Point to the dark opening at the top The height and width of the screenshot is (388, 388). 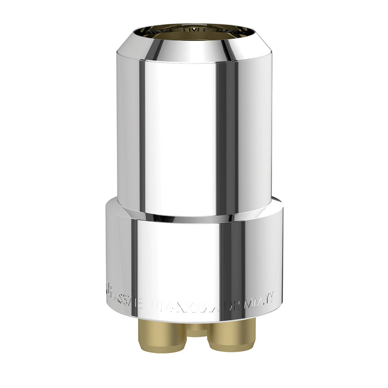[194, 31]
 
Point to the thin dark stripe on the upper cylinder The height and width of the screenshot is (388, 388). [141, 135]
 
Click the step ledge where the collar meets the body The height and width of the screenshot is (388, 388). [194, 217]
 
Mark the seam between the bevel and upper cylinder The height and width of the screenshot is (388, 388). [194, 61]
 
